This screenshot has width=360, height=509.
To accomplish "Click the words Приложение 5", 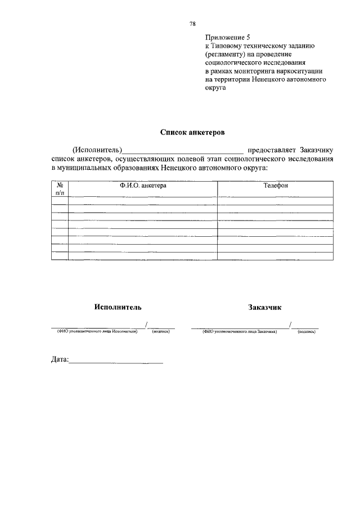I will [228, 37].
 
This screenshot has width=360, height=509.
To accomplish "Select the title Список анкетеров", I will [192, 133].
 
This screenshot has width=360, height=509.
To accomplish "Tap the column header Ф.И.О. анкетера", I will [143, 185].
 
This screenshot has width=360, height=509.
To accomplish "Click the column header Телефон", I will [276, 185].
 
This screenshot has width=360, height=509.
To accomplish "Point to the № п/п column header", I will [60, 188].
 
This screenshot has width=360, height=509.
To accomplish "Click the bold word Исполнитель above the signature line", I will [118, 307].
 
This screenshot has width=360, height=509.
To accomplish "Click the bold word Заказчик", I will [264, 307].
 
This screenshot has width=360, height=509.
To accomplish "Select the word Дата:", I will [60, 359].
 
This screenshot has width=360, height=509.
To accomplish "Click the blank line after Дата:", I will [116, 362].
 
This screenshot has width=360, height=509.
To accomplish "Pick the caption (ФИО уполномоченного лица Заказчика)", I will [240, 332].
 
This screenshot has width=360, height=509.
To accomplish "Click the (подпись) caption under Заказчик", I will [307, 332].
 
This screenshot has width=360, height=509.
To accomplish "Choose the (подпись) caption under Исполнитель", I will [161, 332].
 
